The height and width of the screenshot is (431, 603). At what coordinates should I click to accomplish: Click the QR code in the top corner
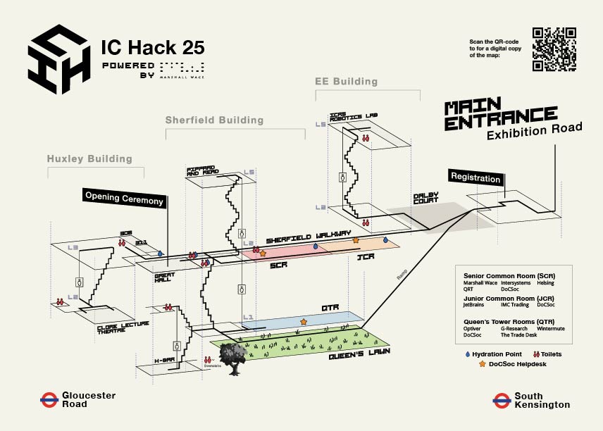(x=555, y=49)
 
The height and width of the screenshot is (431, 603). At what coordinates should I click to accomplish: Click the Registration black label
(x=475, y=177)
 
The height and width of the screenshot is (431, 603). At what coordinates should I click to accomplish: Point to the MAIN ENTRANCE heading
(x=500, y=115)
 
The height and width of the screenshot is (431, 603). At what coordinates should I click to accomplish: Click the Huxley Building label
(x=89, y=159)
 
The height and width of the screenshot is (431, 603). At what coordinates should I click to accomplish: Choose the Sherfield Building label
(x=214, y=120)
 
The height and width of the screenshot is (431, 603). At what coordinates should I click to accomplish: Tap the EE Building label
(x=346, y=82)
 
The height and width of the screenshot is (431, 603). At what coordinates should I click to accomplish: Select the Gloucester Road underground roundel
(x=49, y=400)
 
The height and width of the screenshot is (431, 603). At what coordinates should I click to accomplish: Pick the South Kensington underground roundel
(x=502, y=400)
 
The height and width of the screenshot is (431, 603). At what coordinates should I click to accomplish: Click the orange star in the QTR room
(x=304, y=321)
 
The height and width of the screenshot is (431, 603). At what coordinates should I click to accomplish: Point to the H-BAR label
(x=164, y=361)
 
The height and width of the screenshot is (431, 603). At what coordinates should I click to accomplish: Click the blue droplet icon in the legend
(x=468, y=354)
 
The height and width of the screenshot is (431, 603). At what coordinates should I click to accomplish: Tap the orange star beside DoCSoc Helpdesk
(x=482, y=364)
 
